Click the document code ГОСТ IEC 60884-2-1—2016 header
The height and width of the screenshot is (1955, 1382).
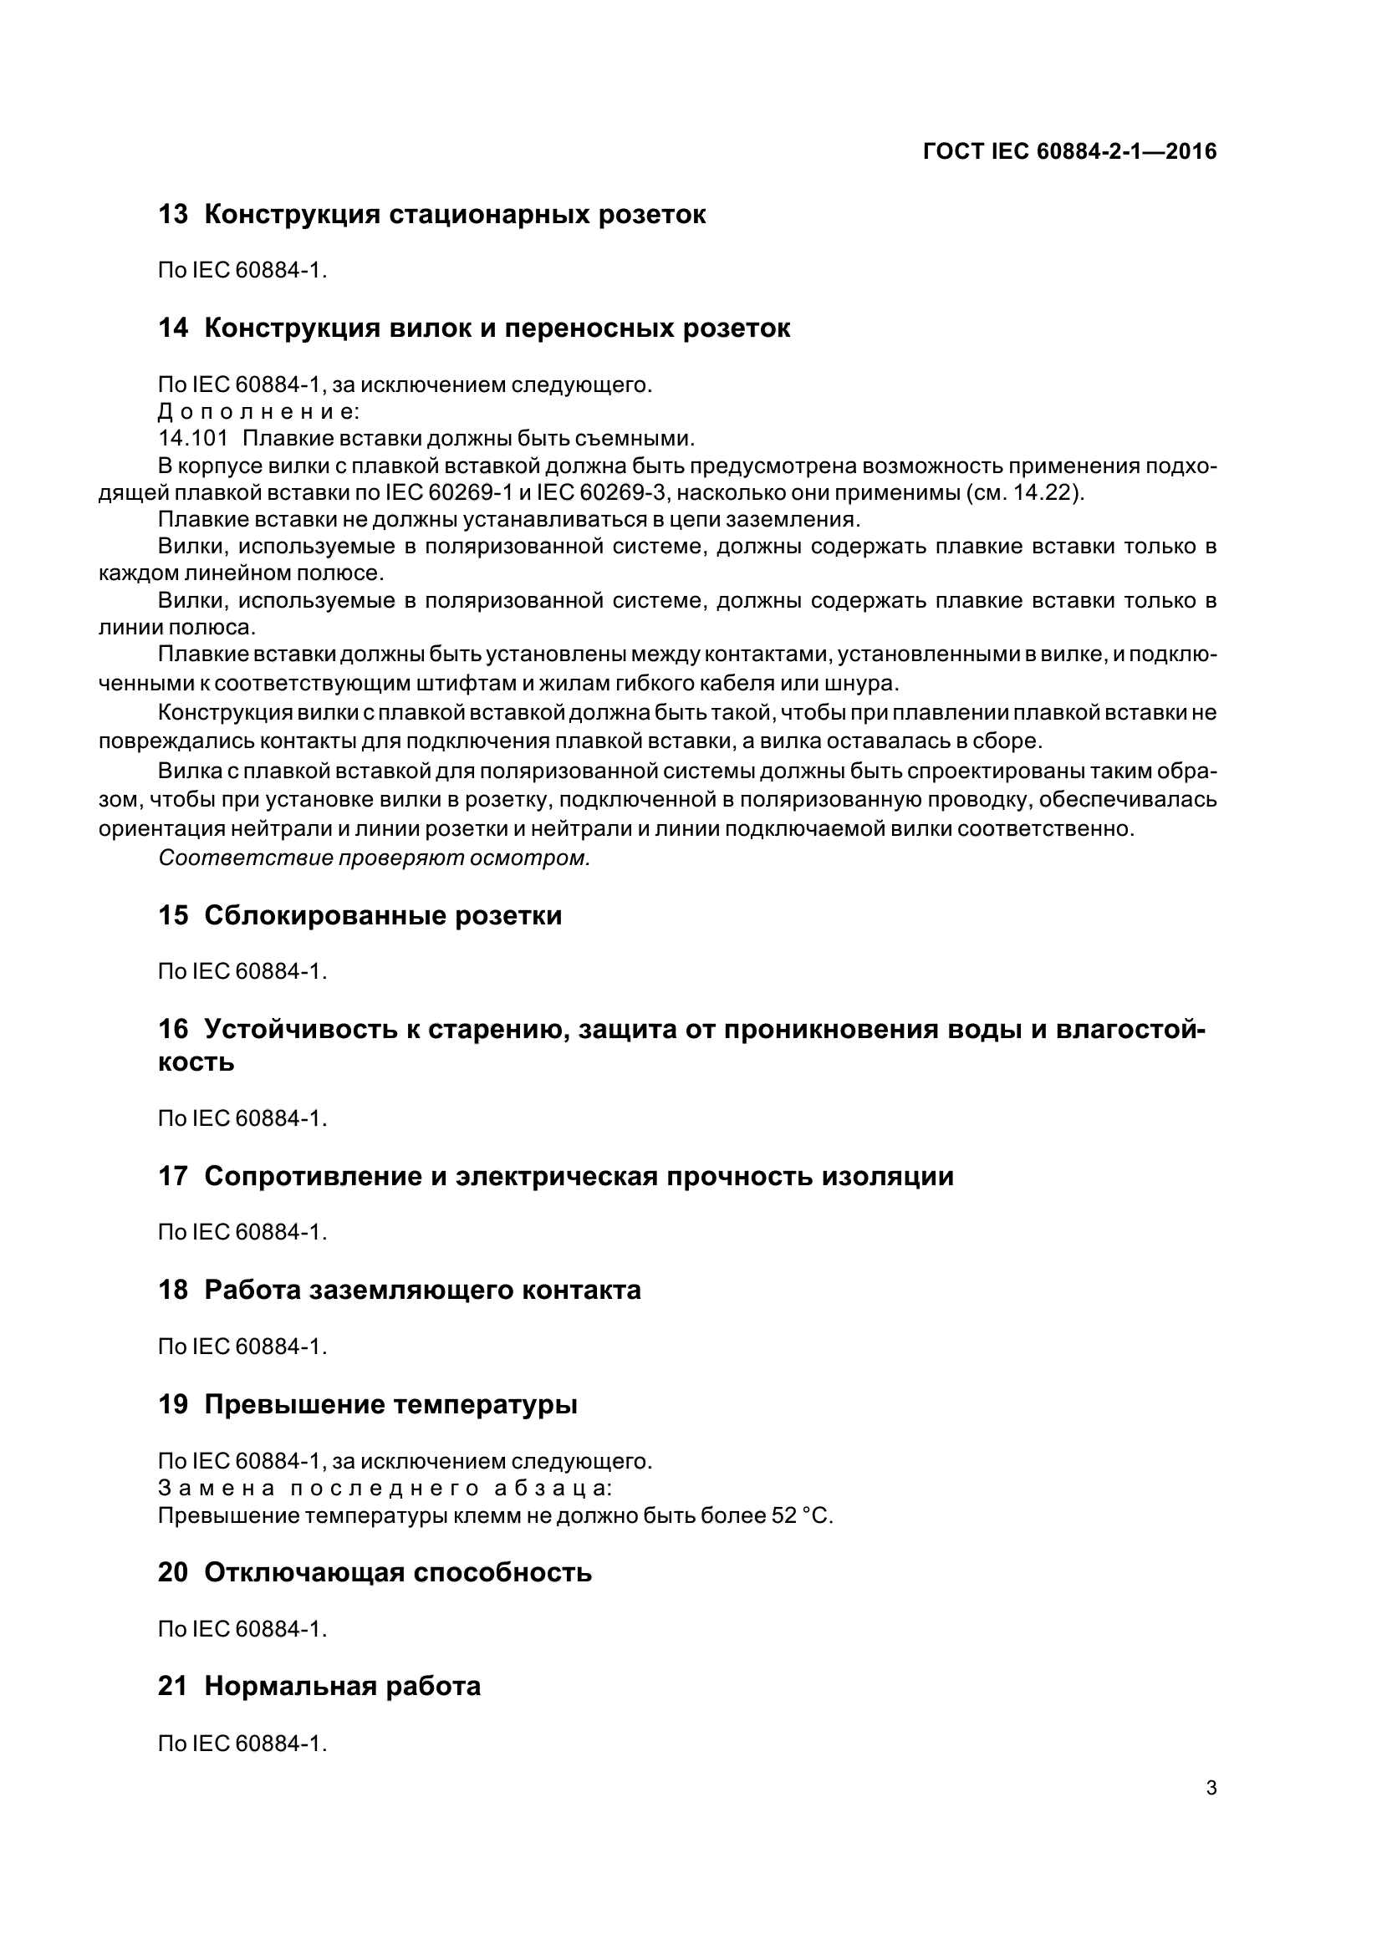pos(1069,151)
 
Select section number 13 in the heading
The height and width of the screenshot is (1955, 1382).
pos(173,215)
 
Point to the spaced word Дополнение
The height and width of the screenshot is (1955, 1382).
pos(259,412)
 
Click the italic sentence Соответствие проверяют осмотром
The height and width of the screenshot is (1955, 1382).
pos(374,858)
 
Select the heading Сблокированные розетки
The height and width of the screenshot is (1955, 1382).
pos(383,916)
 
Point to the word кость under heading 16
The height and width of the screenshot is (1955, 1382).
pos(196,1062)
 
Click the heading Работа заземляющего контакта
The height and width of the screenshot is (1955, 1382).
pos(422,1290)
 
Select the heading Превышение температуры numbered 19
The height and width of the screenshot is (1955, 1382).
pos(390,1404)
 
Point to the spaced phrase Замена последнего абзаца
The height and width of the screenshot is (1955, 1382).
pos(385,1489)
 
